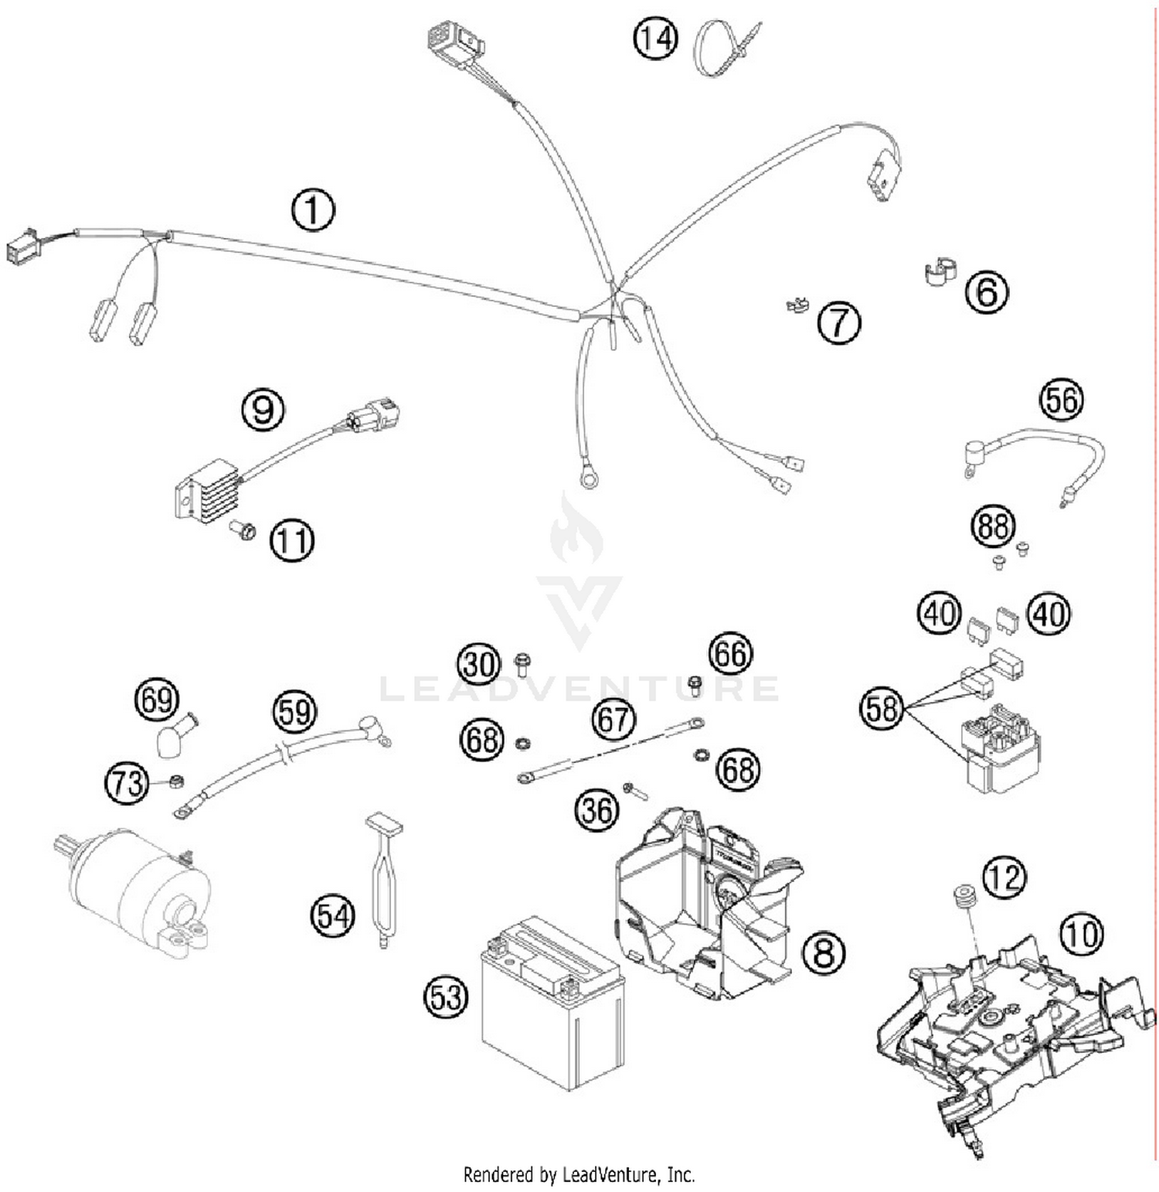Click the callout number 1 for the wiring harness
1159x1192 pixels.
pos(313,209)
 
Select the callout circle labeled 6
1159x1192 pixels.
pos(987,292)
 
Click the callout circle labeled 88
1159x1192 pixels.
pos(993,526)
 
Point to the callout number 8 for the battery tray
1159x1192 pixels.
pos(824,952)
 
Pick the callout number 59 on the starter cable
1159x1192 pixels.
pos(294,712)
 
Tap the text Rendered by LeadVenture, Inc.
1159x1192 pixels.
pos(579,1175)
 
